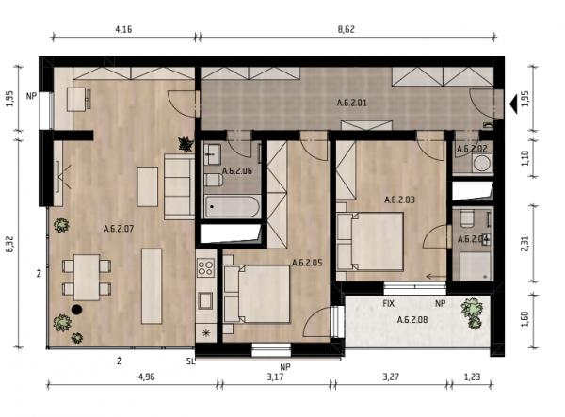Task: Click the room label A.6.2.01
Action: [x=351, y=103]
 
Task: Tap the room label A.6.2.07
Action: [x=119, y=229]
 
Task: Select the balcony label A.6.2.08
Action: [x=412, y=319]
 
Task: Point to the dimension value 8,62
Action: [x=346, y=29]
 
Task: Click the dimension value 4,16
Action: [x=123, y=29]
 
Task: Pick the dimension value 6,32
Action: [x=9, y=244]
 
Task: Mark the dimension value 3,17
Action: [x=275, y=377]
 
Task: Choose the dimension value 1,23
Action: [x=472, y=377]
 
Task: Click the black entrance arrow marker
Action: [x=513, y=104]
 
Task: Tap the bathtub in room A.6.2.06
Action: [x=233, y=207]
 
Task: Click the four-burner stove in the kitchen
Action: [x=205, y=267]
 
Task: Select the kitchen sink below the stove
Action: [x=205, y=300]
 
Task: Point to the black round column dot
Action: [x=77, y=310]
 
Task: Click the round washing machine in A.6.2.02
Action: [x=482, y=163]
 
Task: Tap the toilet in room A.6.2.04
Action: [x=467, y=218]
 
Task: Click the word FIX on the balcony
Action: [x=388, y=303]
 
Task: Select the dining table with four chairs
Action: [x=87, y=278]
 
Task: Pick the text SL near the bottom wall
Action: [x=190, y=361]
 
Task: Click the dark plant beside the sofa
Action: [x=186, y=144]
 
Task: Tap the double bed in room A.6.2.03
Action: [x=370, y=241]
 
